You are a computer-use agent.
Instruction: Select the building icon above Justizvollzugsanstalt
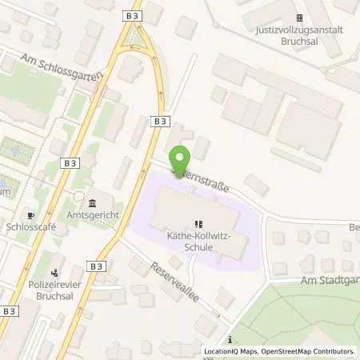coord(299,18)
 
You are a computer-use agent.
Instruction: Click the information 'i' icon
coord(230,340)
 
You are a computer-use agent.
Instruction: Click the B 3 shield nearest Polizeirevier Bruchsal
coord(97,266)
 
